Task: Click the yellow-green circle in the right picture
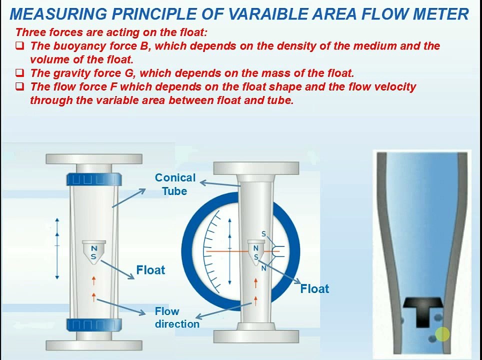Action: [x=442, y=334]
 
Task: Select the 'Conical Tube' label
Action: [x=175, y=184]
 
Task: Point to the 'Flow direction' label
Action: [x=176, y=317]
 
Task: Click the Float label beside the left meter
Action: [x=150, y=270]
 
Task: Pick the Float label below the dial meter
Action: [x=314, y=288]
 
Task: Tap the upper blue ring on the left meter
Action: [x=93, y=178]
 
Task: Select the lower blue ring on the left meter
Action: [x=93, y=324]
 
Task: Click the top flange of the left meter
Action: [x=93, y=159]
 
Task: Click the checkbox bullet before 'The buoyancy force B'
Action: [x=19, y=46]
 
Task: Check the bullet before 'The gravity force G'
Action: [x=19, y=73]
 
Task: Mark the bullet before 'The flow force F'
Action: [x=19, y=86]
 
